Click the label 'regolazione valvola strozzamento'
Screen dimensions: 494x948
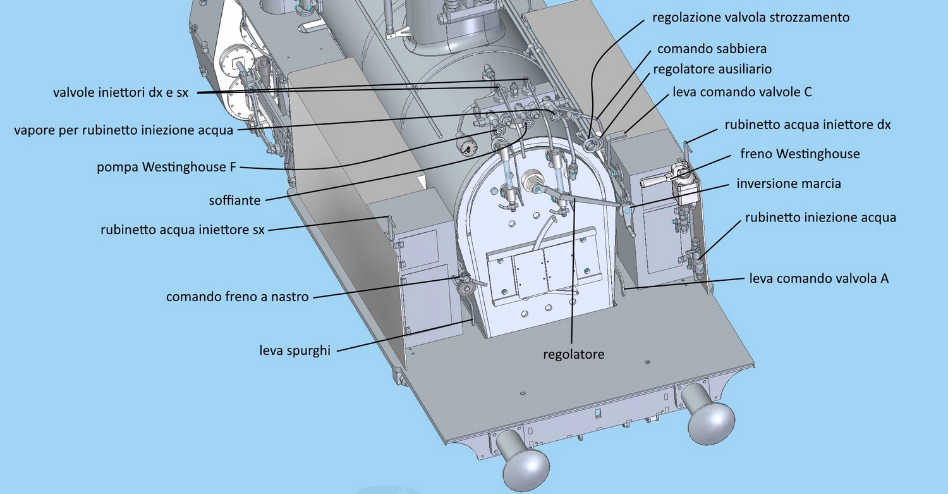click(751, 17)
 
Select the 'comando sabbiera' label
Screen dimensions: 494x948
click(712, 49)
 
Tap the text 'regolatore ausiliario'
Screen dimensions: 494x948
click(712, 68)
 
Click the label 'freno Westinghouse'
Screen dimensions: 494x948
click(799, 154)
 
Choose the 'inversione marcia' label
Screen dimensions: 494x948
click(789, 184)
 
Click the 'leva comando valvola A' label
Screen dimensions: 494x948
click(819, 278)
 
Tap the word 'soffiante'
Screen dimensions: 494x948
click(234, 201)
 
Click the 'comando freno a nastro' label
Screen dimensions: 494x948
click(237, 296)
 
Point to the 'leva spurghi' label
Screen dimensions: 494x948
click(295, 350)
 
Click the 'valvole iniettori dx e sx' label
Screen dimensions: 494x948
click(121, 92)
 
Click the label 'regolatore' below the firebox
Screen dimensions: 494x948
click(573, 354)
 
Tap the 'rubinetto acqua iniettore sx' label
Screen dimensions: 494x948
click(183, 229)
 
